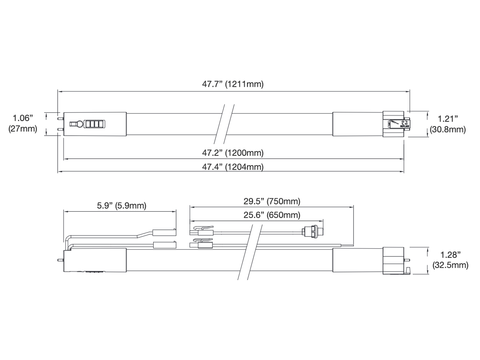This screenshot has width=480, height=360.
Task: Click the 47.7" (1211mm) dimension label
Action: pyautogui.click(x=233, y=84)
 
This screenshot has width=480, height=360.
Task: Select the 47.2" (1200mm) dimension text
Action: pyautogui.click(x=233, y=153)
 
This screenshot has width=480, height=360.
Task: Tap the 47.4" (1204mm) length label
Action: pyautogui.click(x=233, y=167)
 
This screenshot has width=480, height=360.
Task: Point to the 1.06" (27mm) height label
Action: pyautogui.click(x=23, y=123)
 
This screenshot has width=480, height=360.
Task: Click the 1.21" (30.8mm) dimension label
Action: pyautogui.click(x=448, y=124)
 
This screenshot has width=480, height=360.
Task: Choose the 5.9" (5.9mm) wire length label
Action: pyautogui.click(x=122, y=206)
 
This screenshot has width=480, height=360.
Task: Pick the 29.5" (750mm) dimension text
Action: pyautogui.click(x=272, y=201)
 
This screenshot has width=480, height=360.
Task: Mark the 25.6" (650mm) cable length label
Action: pyautogui.click(x=272, y=215)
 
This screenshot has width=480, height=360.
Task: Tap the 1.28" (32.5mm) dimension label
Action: pyautogui.click(x=450, y=260)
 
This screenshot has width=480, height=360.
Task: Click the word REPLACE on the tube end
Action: pyautogui.click(x=404, y=126)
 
